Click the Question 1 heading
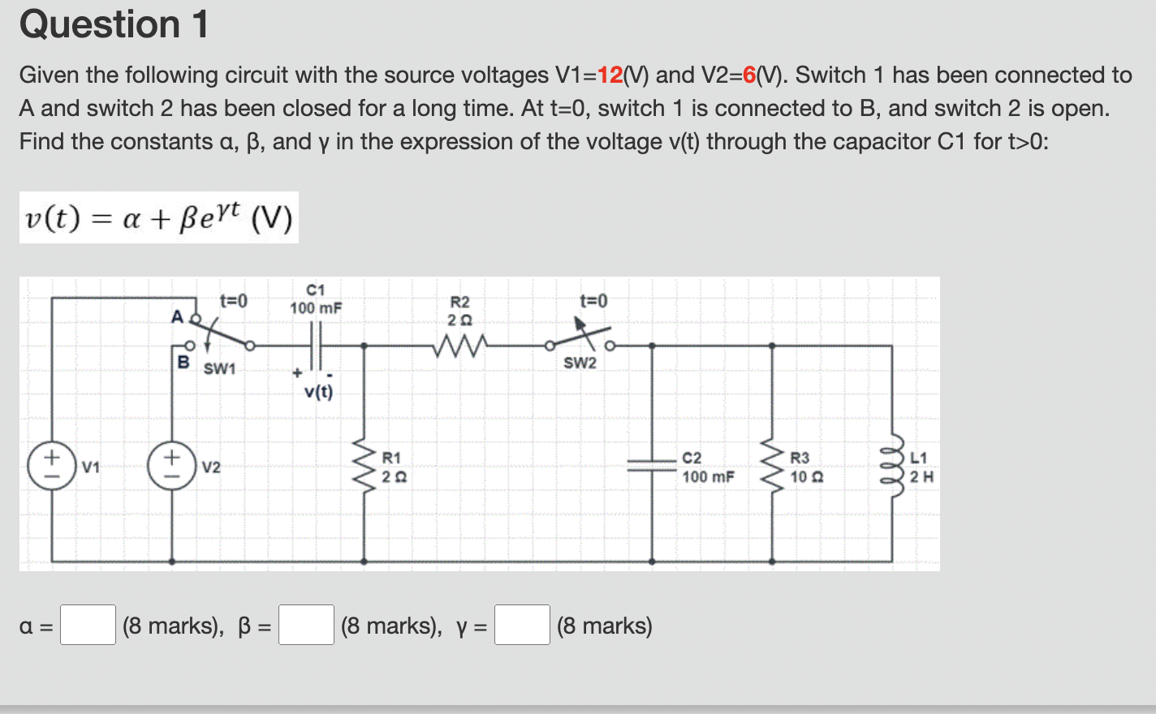click(114, 24)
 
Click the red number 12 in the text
click(610, 75)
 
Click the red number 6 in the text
click(749, 75)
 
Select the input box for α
click(88, 625)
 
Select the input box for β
click(306, 625)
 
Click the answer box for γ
click(522, 625)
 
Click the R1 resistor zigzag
click(363, 467)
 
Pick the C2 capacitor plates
click(652, 464)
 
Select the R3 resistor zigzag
click(771, 467)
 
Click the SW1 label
click(219, 369)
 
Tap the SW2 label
click(580, 363)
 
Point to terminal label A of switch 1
click(177, 316)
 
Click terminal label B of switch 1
click(183, 361)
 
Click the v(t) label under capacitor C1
click(318, 392)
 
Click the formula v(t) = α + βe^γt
click(159, 218)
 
